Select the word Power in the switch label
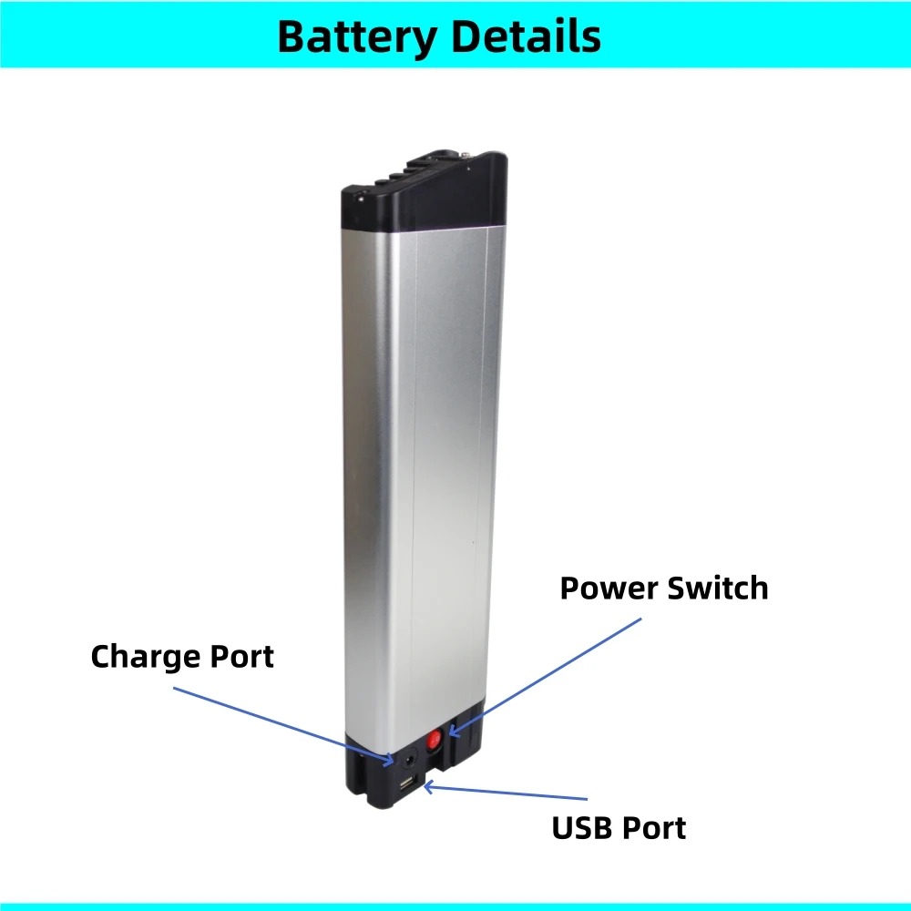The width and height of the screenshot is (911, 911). [x=609, y=589]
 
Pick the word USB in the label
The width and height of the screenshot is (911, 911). [x=584, y=828]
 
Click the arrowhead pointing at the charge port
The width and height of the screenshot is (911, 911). [x=391, y=759]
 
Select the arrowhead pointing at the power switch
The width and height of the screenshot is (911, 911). [x=452, y=731]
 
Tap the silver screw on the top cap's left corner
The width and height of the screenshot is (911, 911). [x=359, y=193]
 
